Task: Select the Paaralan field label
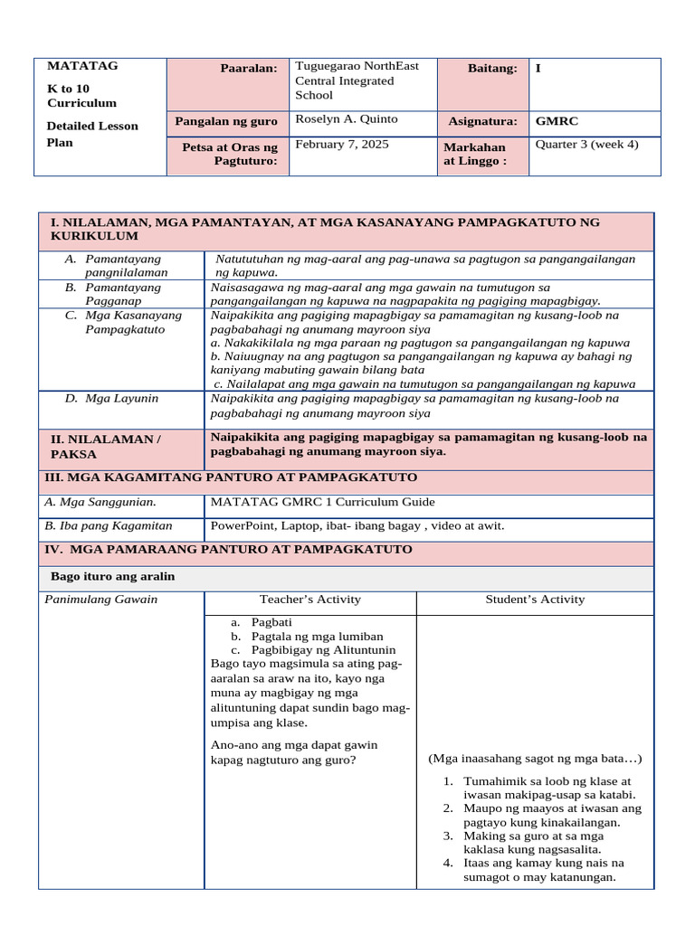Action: coord(248,70)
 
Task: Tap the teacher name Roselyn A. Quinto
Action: coord(347,119)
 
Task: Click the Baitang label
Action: coord(492,69)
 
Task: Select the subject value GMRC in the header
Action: coord(557,120)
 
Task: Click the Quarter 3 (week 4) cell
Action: coord(586,145)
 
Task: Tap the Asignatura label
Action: coord(482,121)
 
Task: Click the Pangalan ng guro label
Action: coord(226,121)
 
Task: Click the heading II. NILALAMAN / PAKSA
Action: coord(105,447)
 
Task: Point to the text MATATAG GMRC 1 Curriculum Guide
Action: coord(322,502)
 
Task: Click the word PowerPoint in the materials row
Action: coord(241,525)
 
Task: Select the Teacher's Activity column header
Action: coord(309,600)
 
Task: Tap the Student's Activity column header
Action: coord(535,600)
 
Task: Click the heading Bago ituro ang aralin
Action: coord(113,577)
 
